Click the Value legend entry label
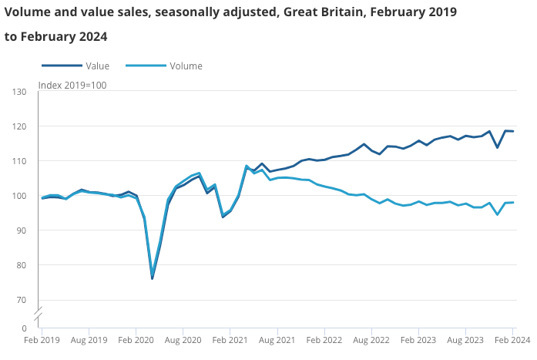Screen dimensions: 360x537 pyautogui.click(x=97, y=66)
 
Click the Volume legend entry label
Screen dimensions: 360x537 pyautogui.click(x=186, y=66)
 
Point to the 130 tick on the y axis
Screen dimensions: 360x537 pyautogui.click(x=21, y=93)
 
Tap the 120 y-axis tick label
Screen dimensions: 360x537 pyautogui.click(x=21, y=127)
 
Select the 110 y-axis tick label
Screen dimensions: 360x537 pyautogui.click(x=21, y=162)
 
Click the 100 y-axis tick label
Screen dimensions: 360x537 pyautogui.click(x=21, y=197)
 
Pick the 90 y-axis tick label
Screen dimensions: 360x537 pyautogui.click(x=23, y=231)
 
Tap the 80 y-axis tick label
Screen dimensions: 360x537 pyautogui.click(x=23, y=266)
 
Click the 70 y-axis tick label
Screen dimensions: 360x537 pyautogui.click(x=23, y=301)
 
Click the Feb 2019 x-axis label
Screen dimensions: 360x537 pyautogui.click(x=42, y=340)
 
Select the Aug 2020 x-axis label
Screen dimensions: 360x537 pyautogui.click(x=183, y=340)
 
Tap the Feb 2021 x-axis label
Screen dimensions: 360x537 pyautogui.click(x=230, y=340)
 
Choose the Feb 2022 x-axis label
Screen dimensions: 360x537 pyautogui.click(x=324, y=340)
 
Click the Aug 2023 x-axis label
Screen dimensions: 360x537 pyautogui.click(x=466, y=340)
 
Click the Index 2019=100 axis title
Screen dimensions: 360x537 pyautogui.click(x=72, y=85)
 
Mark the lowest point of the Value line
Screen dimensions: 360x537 pyautogui.click(x=153, y=278)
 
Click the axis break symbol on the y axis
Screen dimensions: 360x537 pyautogui.click(x=38, y=315)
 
